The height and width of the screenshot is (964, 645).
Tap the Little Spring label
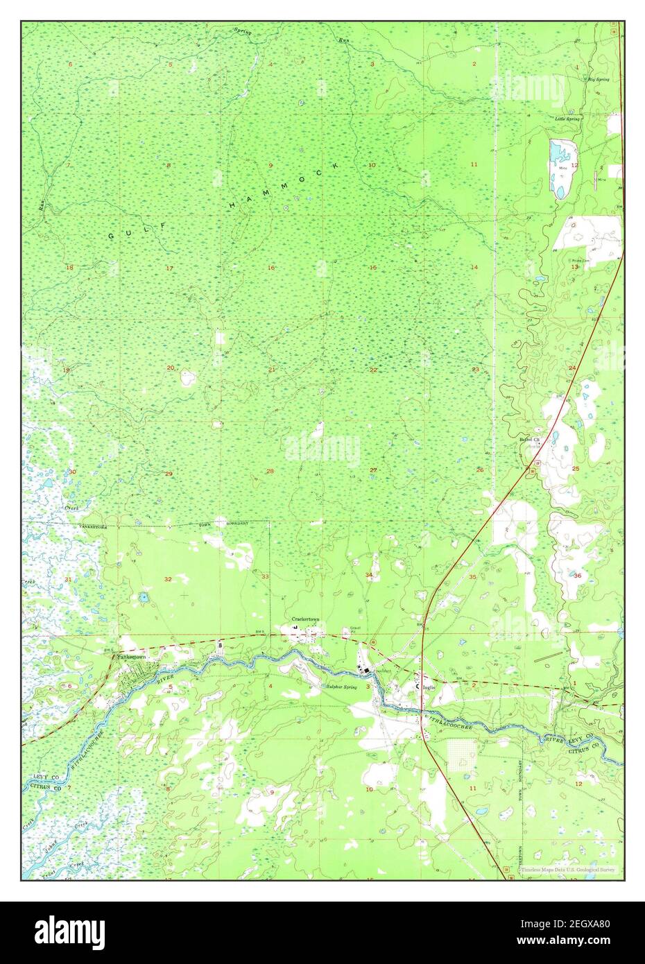(x=567, y=119)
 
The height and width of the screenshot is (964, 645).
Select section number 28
(x=270, y=472)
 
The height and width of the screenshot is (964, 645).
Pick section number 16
(x=271, y=268)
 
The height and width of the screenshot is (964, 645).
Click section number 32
(x=168, y=578)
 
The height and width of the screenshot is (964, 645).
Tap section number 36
(x=577, y=576)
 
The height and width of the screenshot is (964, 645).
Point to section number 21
(x=272, y=369)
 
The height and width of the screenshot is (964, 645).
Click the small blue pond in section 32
(x=144, y=596)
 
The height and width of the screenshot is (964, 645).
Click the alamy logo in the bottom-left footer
(x=70, y=929)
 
